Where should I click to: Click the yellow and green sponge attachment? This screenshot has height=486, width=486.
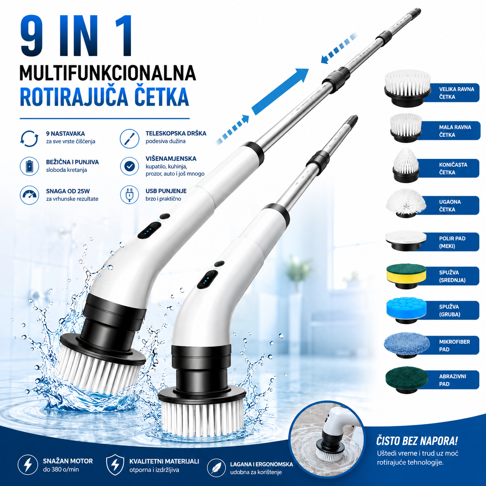[x=406, y=276]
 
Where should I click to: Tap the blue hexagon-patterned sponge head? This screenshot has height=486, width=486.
[x=406, y=311]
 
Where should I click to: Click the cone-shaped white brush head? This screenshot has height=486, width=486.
[x=406, y=165]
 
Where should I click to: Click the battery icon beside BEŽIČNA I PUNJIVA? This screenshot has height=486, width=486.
[x=29, y=166]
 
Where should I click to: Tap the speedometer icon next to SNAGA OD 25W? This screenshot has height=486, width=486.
[x=29, y=195]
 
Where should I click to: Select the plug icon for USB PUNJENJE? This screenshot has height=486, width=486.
[x=129, y=195]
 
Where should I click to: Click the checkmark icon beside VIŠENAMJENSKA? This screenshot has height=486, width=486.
[x=129, y=166]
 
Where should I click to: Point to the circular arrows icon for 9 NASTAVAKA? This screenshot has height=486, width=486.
[x=29, y=138]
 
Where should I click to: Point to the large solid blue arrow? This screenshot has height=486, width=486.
[x=280, y=92]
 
